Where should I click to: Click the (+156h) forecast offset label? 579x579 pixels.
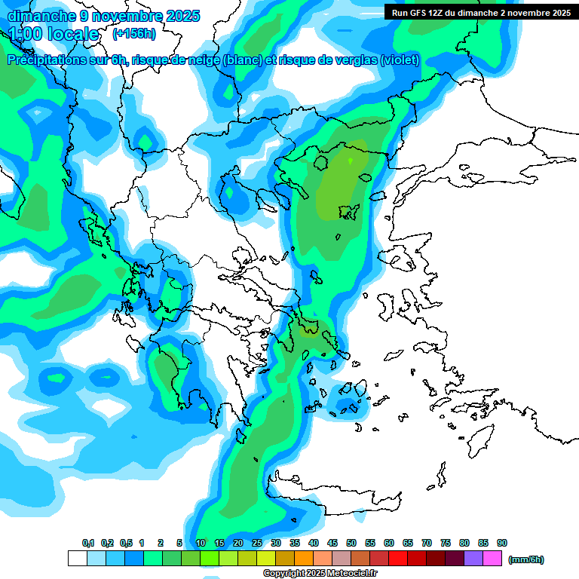click(x=134, y=34)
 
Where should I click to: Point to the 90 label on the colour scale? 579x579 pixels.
click(x=502, y=544)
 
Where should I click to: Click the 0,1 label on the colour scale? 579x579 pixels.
click(x=88, y=544)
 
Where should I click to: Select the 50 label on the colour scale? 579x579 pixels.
click(x=351, y=544)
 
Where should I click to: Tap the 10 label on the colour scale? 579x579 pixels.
click(x=201, y=544)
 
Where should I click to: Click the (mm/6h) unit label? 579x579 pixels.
click(x=525, y=559)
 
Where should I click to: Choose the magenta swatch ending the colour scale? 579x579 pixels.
click(x=492, y=559)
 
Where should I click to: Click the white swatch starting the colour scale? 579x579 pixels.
click(x=78, y=559)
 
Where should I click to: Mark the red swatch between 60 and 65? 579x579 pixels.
click(x=398, y=559)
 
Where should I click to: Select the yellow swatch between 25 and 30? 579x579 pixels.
click(x=266, y=559)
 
